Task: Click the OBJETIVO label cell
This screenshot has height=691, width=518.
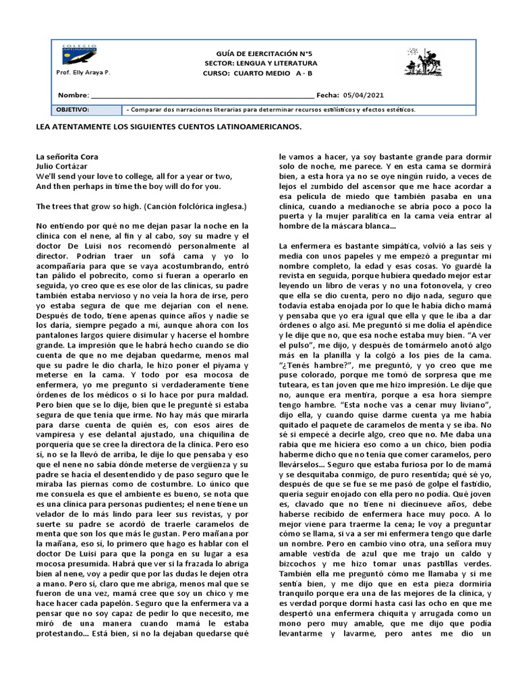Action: tap(72, 109)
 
